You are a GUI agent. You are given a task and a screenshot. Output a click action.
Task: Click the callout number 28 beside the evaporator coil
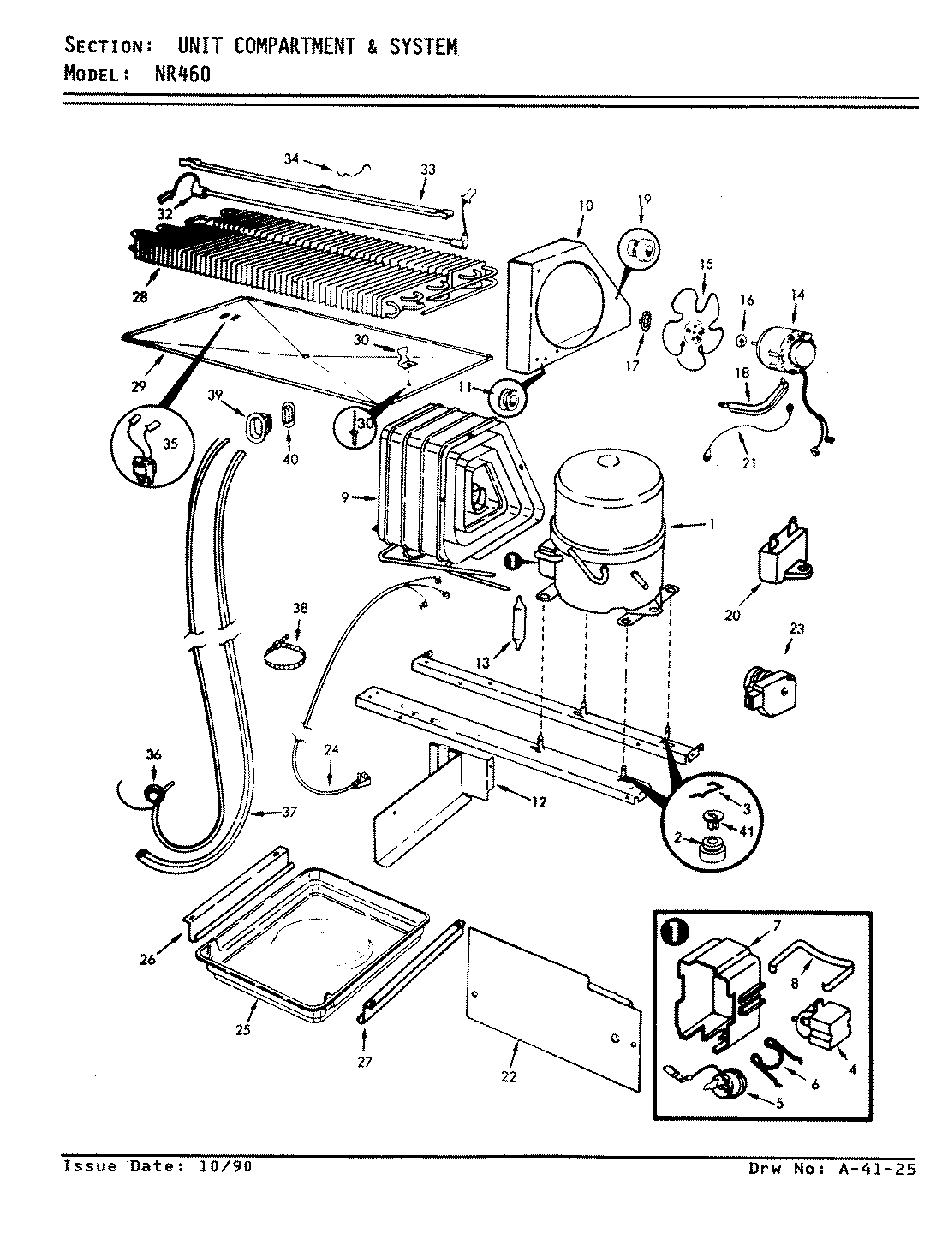(140, 297)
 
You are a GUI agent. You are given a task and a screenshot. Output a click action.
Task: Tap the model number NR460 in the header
(182, 74)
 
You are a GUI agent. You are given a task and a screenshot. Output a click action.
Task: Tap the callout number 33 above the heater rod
(427, 170)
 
